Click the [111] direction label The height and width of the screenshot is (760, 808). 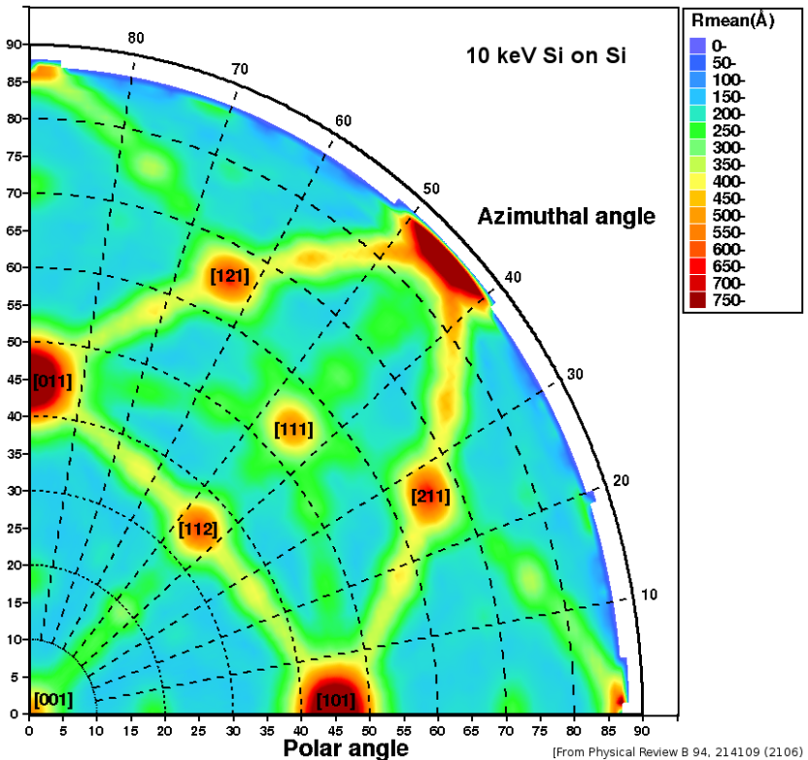293,429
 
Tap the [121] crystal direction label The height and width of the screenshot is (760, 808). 230,276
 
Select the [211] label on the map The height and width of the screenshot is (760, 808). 430,497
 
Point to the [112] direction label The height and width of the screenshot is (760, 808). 198,530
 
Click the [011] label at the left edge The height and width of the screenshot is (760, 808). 52,381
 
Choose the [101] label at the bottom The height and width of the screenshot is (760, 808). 335,700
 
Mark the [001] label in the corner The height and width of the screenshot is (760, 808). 52,699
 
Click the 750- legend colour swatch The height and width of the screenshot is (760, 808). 698,300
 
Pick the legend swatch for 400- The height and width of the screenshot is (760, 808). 698,181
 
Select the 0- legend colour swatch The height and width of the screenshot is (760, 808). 698,45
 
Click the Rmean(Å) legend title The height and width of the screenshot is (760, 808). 731,21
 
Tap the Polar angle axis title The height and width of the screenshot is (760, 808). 345,746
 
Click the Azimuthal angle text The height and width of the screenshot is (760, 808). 566,217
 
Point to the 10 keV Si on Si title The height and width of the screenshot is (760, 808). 544,56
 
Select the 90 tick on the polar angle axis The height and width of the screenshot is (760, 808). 641,729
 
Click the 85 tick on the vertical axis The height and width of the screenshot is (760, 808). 14,82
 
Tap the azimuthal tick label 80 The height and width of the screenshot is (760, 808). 136,38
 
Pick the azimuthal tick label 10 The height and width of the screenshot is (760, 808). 650,595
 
